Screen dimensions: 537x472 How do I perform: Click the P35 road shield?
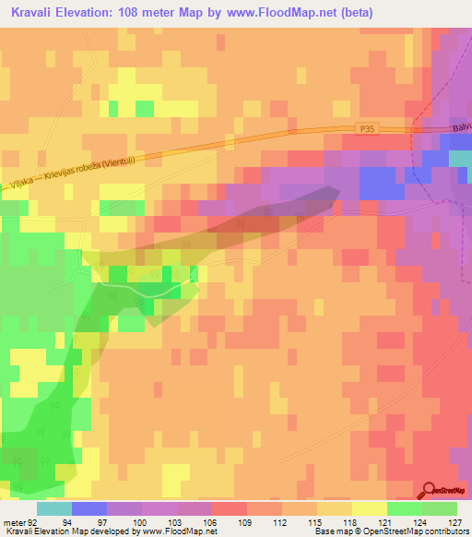pyautogui.click(x=368, y=133)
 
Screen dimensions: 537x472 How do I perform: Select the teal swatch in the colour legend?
pyautogui.click(x=54, y=508)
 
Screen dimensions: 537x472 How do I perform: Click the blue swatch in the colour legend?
pyautogui.click(x=89, y=508)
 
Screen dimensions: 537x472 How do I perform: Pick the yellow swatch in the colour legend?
pyautogui.click(x=369, y=508)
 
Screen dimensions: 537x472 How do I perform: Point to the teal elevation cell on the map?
pyautogui.click(x=460, y=158)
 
